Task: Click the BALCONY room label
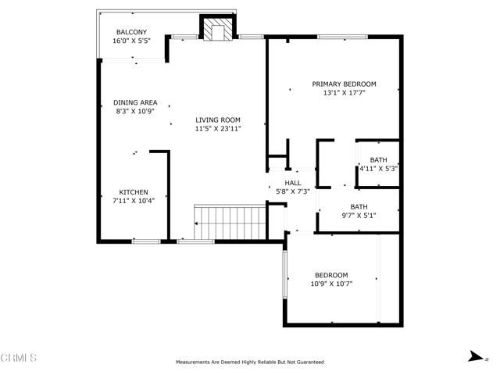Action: click(x=132, y=32)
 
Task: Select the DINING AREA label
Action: click(x=135, y=102)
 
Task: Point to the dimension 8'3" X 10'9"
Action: click(x=135, y=111)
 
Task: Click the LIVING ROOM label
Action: click(x=218, y=120)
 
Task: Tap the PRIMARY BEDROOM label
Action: click(x=344, y=84)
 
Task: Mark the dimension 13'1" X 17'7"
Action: click(x=344, y=93)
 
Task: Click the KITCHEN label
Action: click(x=133, y=192)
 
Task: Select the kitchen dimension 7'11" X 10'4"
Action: click(x=133, y=201)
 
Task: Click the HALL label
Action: click(x=293, y=183)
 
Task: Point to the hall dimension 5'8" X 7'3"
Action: click(x=293, y=191)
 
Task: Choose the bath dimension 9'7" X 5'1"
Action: click(x=359, y=216)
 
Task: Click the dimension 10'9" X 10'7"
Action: click(x=331, y=284)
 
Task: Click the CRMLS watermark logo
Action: click(x=20, y=358)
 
